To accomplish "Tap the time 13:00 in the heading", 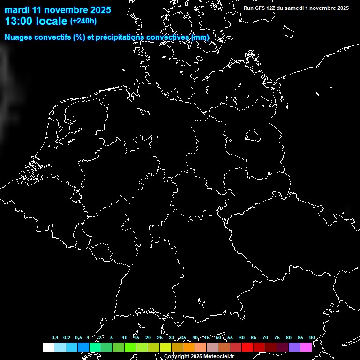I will click(20, 21).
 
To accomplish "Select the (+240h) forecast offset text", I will click(84, 21).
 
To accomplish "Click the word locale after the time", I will click(52, 21).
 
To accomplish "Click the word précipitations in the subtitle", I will click(120, 37).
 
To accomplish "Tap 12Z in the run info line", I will click(271, 8).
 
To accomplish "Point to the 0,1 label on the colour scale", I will click(55, 338).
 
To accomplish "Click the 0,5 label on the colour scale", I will click(78, 338).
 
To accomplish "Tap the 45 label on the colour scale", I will click(207, 338).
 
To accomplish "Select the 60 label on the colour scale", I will click(242, 338).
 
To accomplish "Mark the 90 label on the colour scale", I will click(312, 338).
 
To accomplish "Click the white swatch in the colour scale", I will click(48, 347).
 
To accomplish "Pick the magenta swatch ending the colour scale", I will click(306, 347).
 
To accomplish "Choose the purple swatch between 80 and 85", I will click(294, 347).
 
